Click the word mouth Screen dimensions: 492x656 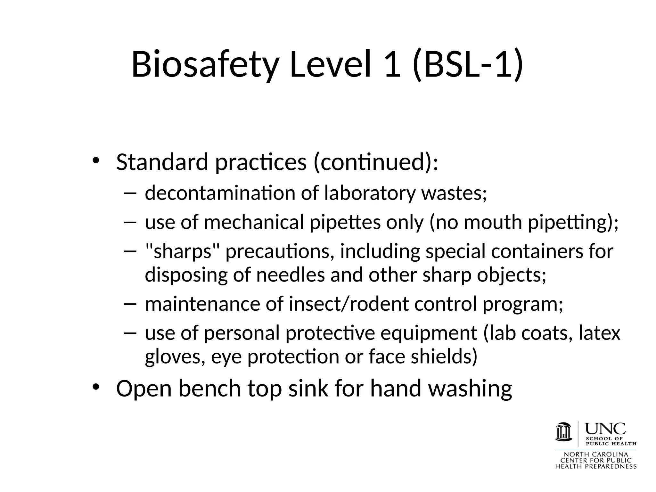[493, 222]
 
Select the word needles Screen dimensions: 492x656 [290, 275]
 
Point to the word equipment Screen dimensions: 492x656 [429, 333]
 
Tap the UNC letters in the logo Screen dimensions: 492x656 [605, 428]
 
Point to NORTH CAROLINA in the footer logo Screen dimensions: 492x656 [596, 455]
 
